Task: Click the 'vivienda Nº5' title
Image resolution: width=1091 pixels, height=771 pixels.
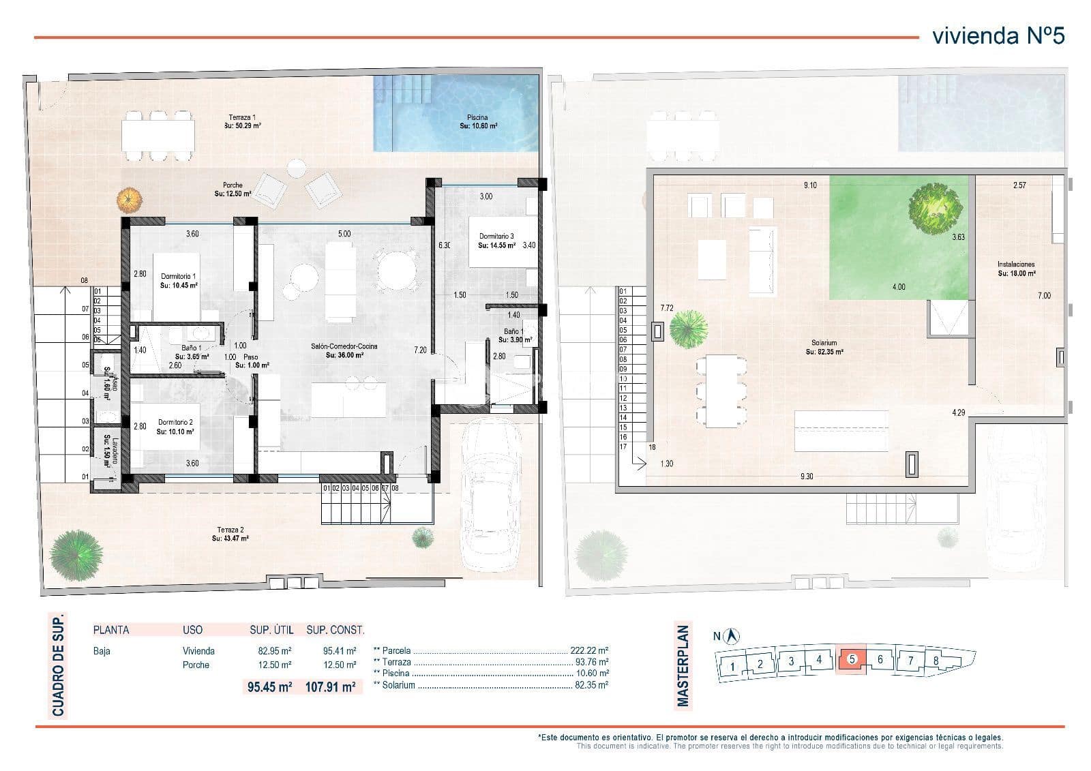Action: (998, 35)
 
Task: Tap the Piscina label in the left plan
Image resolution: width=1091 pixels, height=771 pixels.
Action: (478, 121)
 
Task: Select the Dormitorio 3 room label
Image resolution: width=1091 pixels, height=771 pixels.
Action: (496, 240)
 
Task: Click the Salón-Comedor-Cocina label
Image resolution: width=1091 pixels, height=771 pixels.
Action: (344, 350)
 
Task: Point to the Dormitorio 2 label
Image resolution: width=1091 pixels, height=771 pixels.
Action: (175, 427)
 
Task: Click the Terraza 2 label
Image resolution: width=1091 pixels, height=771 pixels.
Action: (230, 534)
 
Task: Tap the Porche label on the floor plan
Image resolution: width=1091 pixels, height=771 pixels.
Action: (233, 189)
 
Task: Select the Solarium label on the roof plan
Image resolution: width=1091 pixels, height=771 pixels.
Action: (824, 347)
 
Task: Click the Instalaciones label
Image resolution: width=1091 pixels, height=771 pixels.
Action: (1016, 268)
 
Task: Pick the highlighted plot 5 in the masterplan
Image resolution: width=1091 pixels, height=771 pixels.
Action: (851, 659)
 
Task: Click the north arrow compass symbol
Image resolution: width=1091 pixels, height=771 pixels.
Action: (733, 636)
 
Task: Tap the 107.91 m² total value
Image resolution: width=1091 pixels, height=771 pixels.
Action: (331, 687)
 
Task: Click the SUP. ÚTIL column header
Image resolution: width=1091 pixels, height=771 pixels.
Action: (270, 630)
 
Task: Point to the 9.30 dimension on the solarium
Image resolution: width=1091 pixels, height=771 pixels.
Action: (806, 476)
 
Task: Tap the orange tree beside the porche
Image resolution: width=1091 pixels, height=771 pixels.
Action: (129, 200)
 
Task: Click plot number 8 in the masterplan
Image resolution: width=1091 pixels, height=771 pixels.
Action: (936, 661)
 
